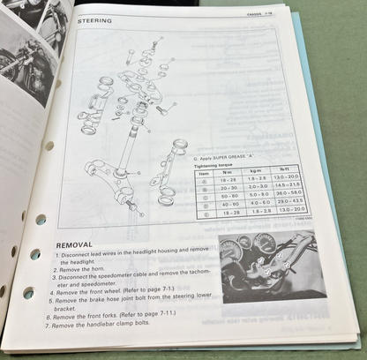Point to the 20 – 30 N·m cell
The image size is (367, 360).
(x=230, y=187)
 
